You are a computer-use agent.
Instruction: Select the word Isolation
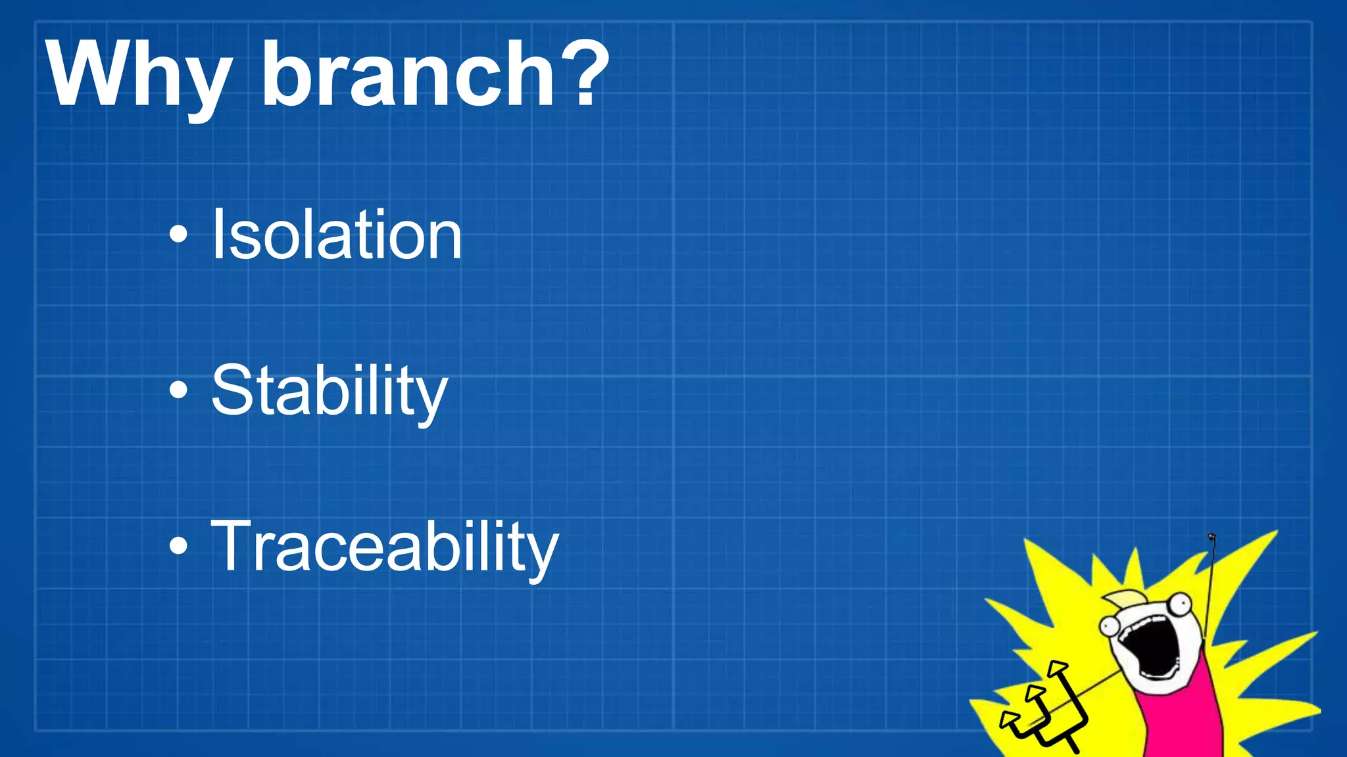tap(336, 235)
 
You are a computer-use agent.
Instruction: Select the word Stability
tap(329, 391)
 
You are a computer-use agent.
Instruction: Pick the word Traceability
tap(384, 547)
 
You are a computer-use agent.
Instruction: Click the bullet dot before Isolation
tap(178, 235)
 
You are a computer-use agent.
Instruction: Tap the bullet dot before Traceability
tap(178, 546)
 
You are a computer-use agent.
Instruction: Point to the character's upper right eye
tap(1180, 603)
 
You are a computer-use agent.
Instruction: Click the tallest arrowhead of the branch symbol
tap(1057, 668)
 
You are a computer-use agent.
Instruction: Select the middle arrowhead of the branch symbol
tap(1035, 693)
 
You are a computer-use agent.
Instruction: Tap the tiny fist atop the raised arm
tap(1212, 538)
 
